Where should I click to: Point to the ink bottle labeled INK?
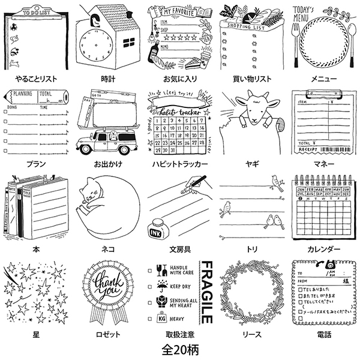(x=157, y=229)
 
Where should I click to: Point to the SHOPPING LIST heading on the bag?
(x=244, y=25)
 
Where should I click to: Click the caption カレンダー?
(x=324, y=249)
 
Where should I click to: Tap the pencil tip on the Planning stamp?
(x=9, y=94)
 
